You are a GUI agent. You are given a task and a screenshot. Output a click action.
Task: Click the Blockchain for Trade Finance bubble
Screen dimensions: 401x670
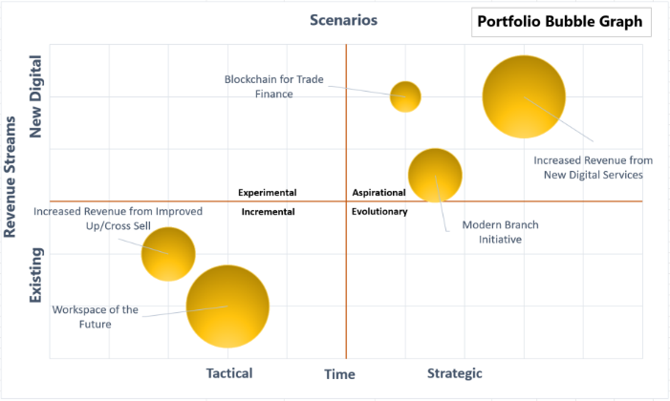[x=405, y=96]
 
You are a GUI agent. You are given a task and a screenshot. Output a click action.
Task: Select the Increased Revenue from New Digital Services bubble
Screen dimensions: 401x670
[x=524, y=96]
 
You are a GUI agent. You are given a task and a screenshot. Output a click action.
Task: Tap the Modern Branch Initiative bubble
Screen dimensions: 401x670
[x=435, y=176]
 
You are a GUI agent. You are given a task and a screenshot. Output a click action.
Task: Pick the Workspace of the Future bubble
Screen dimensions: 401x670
[x=227, y=306]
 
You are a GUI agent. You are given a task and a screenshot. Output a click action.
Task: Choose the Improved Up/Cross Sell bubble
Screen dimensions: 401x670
[x=168, y=254]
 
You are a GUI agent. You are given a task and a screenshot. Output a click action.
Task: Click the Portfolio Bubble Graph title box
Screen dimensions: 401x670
[x=559, y=22]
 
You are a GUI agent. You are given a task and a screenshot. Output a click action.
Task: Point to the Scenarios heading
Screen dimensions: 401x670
[x=344, y=20]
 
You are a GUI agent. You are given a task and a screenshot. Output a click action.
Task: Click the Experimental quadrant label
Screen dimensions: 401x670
[x=268, y=192]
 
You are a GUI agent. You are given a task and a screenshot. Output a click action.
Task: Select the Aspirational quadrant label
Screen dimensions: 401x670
[x=379, y=192]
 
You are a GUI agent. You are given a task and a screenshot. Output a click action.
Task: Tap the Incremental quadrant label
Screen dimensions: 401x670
[x=268, y=211]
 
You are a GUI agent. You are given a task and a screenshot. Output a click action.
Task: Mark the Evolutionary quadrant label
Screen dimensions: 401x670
[x=379, y=211]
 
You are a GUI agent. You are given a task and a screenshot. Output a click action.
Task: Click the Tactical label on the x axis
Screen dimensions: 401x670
[x=229, y=373]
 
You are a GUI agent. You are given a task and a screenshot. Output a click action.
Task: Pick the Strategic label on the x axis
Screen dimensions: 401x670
[x=454, y=373]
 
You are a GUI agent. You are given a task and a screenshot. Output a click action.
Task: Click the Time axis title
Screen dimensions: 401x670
[x=339, y=374]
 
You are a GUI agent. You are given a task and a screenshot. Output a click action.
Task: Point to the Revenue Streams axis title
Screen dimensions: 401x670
[x=12, y=177]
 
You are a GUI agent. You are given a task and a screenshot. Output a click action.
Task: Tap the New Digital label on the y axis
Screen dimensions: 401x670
[x=37, y=97]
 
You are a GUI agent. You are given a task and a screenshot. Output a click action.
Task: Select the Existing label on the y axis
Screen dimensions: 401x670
[x=37, y=275]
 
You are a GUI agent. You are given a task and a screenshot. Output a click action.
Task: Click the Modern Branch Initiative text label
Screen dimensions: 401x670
[x=500, y=232]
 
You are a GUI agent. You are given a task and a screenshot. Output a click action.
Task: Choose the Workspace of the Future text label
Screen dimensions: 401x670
[x=96, y=317]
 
